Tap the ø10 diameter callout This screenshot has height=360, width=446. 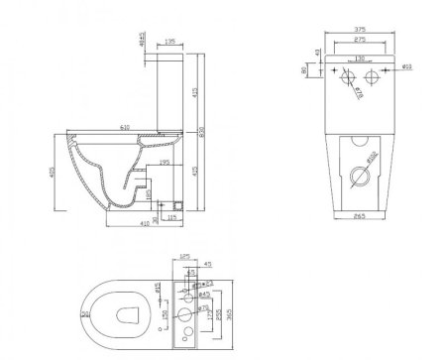tap(406, 66)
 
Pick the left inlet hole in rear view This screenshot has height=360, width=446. tap(344, 77)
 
